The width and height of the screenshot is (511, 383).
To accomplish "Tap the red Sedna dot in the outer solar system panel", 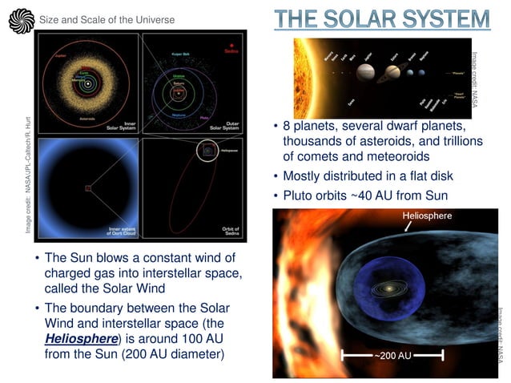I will coord(231,46).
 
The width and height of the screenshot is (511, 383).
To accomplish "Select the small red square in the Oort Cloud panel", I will coord(88,188).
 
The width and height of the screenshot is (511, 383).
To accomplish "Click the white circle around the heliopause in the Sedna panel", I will coord(207,150).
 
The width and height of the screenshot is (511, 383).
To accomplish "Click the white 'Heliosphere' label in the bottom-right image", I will coord(426,216).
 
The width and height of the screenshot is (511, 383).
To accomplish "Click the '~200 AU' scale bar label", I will coord(392,353).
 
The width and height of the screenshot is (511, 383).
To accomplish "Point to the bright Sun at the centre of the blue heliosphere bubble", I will coord(391,287).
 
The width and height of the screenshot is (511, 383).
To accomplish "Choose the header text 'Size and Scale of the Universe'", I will coord(106,19).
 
